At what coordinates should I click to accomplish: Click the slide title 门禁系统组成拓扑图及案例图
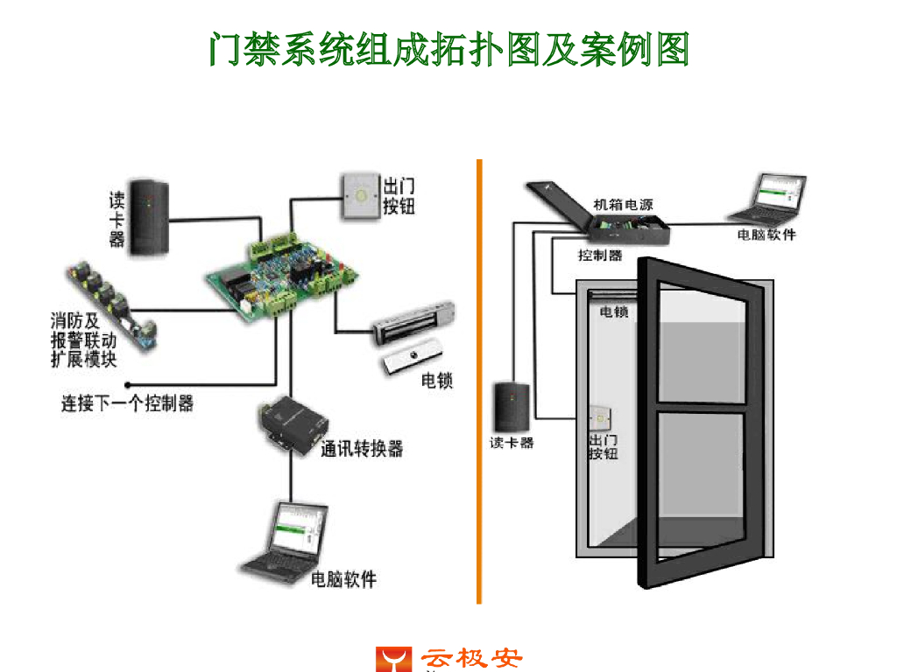(448, 49)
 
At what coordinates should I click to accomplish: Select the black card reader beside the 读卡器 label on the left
(146, 218)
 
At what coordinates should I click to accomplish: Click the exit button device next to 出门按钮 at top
(358, 194)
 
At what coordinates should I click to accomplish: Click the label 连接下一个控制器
(127, 403)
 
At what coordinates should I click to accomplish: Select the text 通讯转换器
(362, 449)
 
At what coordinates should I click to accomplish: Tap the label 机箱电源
(623, 205)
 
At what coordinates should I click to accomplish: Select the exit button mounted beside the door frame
(602, 417)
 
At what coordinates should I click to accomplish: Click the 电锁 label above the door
(613, 311)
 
